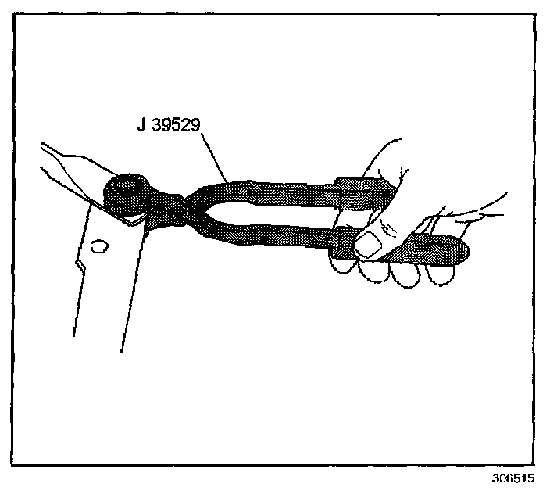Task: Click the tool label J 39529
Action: click(170, 124)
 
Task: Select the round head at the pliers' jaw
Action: click(127, 195)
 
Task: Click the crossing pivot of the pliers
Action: click(179, 210)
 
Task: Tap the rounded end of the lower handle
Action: click(457, 251)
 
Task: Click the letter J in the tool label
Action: click(141, 124)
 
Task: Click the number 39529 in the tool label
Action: click(178, 124)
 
